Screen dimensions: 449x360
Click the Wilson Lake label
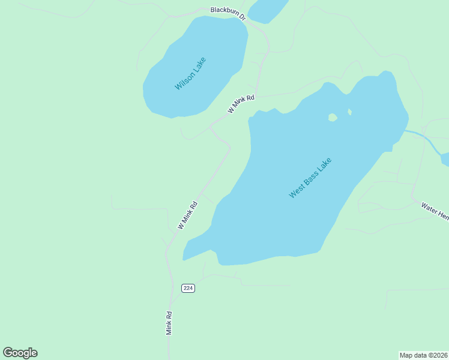click(190, 73)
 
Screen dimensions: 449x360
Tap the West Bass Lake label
click(310, 178)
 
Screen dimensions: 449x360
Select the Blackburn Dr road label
click(228, 13)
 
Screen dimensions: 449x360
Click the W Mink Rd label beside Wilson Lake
click(241, 103)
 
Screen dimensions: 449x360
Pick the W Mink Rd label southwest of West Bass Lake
click(187, 215)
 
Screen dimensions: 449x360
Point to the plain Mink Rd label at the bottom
click(169, 323)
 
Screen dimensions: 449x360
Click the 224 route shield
click(188, 288)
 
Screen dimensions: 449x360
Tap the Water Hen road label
click(435, 211)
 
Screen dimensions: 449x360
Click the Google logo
click(20, 353)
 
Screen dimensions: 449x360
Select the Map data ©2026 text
click(424, 355)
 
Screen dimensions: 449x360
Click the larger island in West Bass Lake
click(333, 118)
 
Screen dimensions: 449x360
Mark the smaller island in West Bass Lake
click(349, 112)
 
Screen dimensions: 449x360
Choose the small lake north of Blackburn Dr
click(268, 10)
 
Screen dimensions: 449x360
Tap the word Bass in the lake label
click(311, 177)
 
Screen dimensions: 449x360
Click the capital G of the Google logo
click(8, 353)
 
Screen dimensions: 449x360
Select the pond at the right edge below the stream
click(445, 158)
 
